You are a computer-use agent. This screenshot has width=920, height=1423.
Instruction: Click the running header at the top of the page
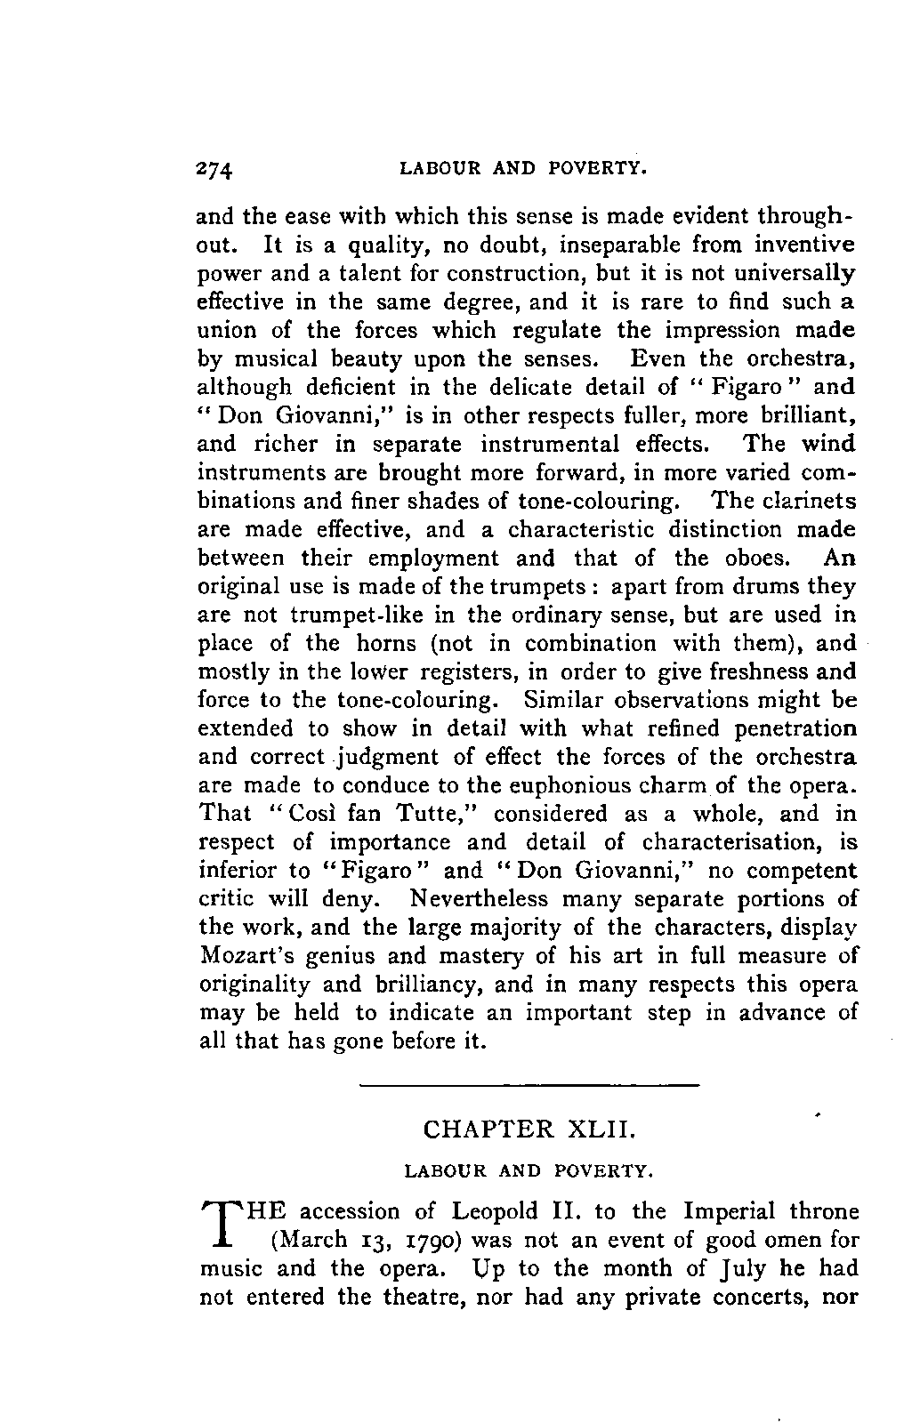point(522,167)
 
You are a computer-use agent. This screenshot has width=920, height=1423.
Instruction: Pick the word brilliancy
point(416,985)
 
